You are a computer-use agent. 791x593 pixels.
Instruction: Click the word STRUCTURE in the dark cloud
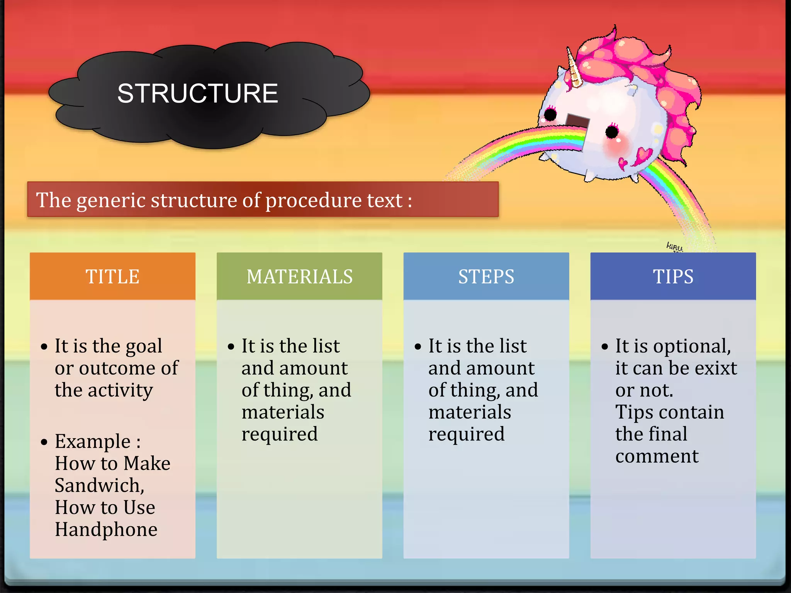(197, 93)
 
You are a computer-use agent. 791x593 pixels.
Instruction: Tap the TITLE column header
(112, 276)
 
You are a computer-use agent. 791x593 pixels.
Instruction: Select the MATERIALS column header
(299, 276)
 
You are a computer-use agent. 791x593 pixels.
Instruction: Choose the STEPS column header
(486, 276)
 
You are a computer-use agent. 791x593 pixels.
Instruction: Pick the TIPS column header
(673, 276)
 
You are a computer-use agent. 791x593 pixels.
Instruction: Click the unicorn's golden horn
(574, 69)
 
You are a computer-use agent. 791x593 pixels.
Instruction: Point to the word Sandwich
(99, 486)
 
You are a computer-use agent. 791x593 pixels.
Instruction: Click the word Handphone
(106, 530)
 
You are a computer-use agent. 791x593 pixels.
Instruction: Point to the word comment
(657, 456)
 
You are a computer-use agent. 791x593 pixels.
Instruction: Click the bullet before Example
(44, 442)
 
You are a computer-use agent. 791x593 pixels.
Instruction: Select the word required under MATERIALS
(280, 435)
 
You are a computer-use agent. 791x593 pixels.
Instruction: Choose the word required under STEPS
(467, 435)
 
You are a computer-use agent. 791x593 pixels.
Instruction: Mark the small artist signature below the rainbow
(674, 246)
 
